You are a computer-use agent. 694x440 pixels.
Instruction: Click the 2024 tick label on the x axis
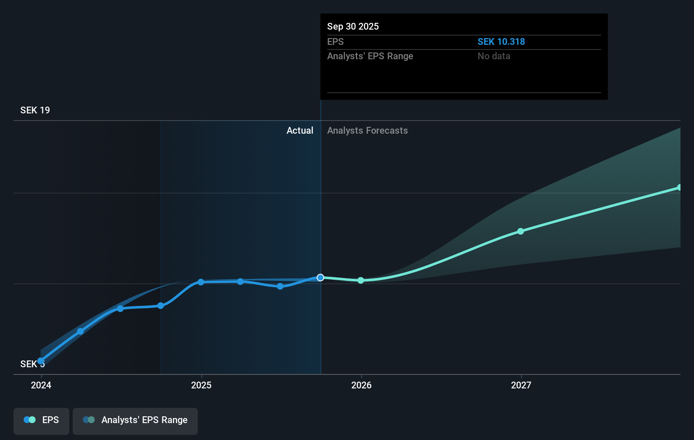[x=41, y=385]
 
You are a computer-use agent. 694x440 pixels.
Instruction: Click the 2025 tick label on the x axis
[x=201, y=385]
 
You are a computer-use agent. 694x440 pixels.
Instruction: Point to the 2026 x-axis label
[x=361, y=385]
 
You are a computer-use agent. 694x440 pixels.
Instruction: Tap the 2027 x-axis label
[x=521, y=385]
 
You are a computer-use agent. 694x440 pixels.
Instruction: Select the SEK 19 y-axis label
[x=35, y=110]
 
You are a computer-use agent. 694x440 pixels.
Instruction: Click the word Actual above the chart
[x=300, y=131]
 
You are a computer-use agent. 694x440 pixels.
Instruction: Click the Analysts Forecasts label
[x=367, y=131]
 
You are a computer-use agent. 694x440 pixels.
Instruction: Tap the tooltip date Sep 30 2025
[x=353, y=27]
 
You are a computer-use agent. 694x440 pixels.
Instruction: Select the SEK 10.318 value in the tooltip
[x=501, y=42]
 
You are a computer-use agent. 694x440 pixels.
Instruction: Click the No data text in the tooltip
[x=494, y=56]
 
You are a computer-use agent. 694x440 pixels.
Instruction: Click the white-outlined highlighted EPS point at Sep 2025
[x=320, y=278]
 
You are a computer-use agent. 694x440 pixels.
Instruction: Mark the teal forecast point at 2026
[x=361, y=280]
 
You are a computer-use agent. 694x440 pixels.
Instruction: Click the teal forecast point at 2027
[x=521, y=231]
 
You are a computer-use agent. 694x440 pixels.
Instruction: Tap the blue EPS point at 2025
[x=201, y=282]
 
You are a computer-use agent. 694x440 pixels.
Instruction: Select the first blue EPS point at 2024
[x=41, y=361]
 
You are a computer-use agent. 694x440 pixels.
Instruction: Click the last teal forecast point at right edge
[x=679, y=187]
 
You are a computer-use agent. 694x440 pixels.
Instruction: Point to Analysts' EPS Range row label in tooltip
[x=370, y=56]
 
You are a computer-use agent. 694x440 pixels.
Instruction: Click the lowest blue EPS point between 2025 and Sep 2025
[x=280, y=286]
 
